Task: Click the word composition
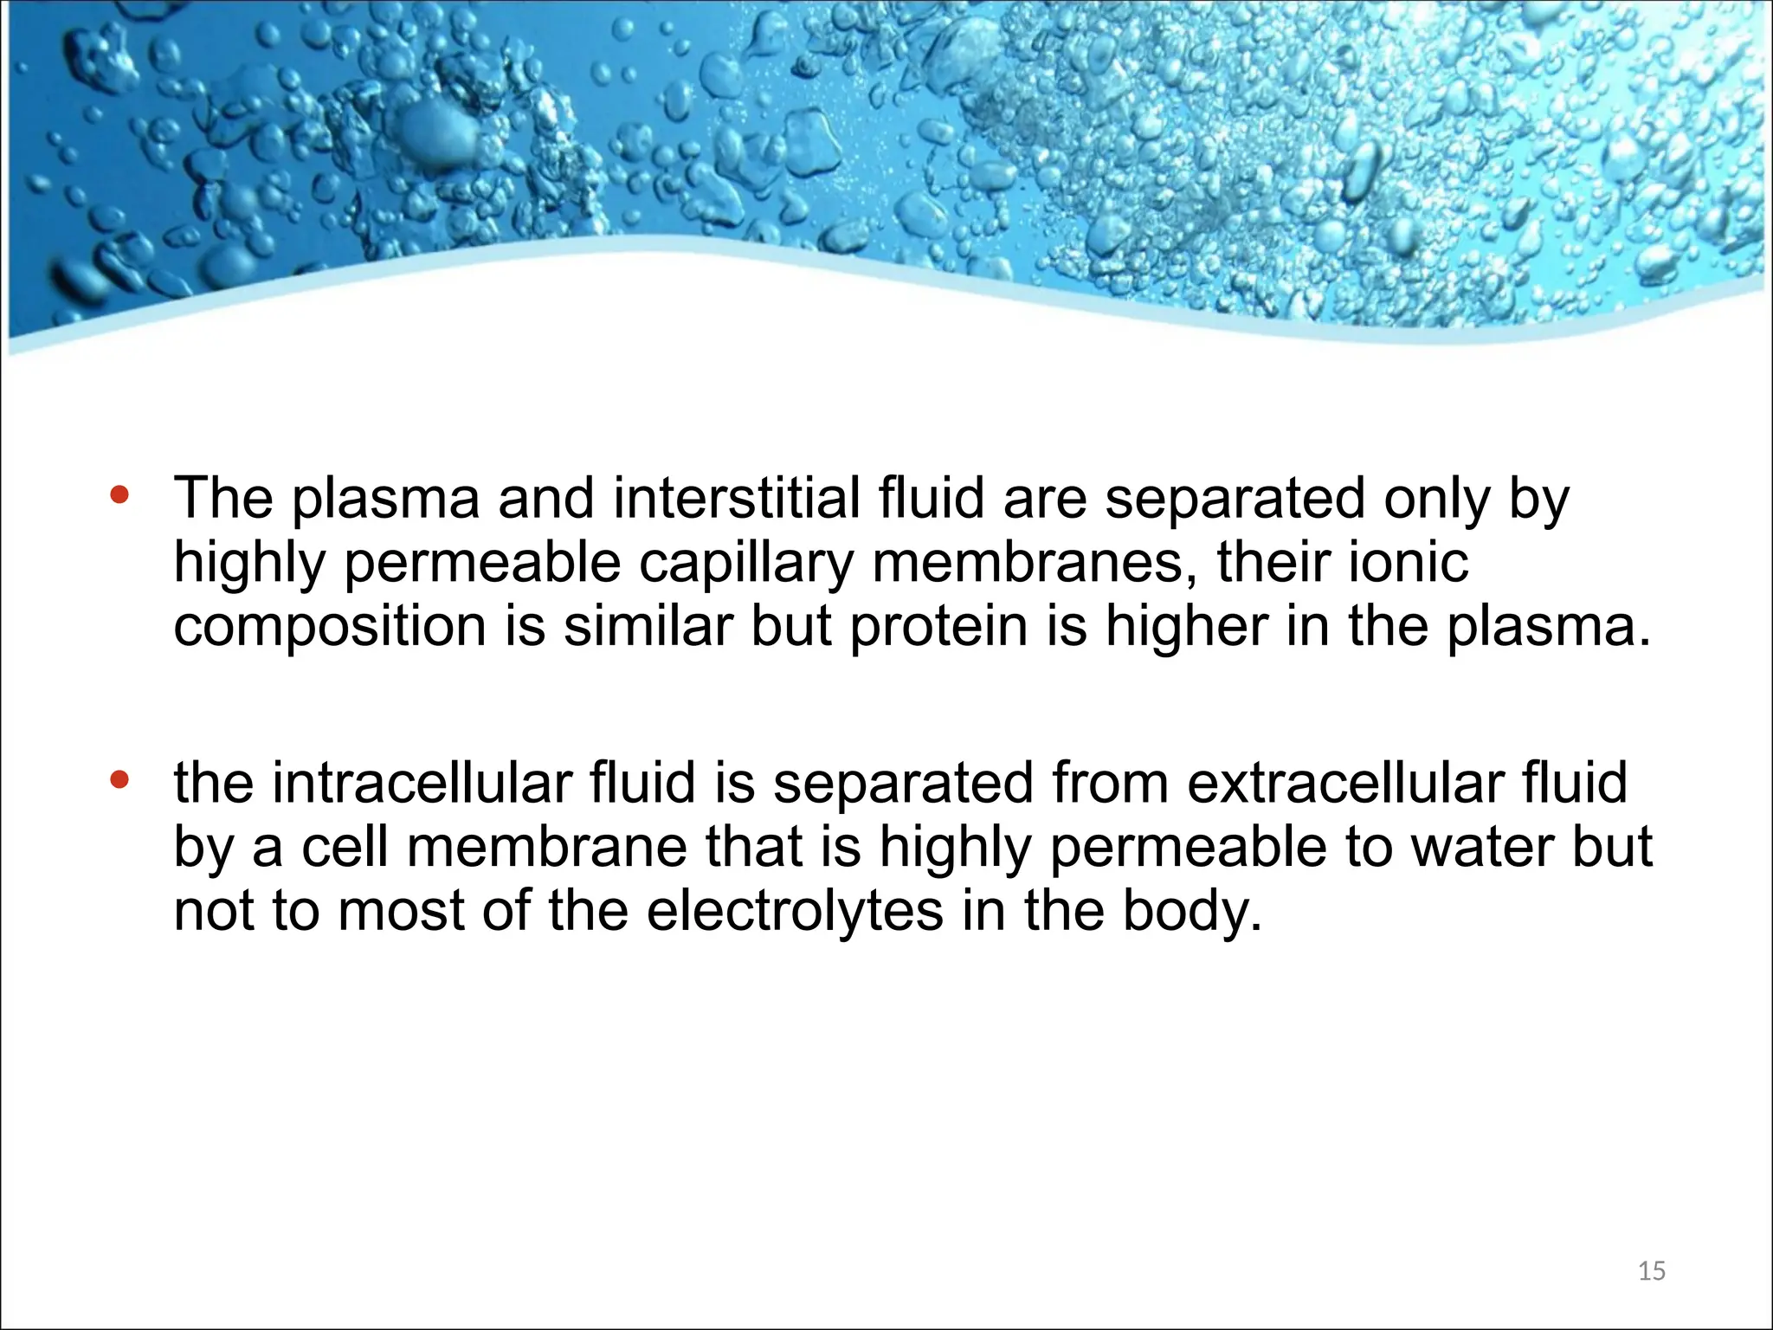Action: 330,627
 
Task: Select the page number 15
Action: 1652,1271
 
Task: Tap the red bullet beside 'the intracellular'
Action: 119,779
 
